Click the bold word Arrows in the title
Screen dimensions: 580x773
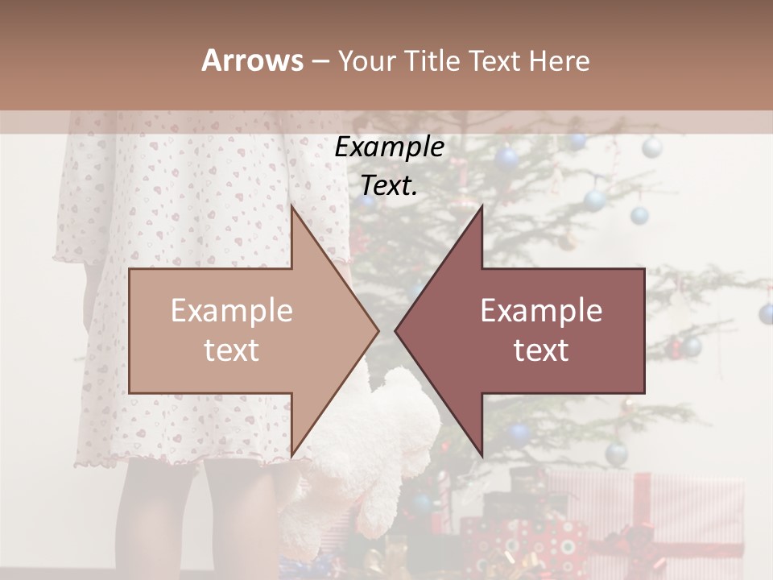[252, 60]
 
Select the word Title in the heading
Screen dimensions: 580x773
[430, 60]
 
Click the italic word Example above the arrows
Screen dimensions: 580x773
[390, 147]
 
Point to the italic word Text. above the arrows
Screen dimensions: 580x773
[390, 185]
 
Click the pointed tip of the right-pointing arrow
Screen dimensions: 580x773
[377, 330]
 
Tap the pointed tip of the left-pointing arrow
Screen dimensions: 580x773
[397, 330]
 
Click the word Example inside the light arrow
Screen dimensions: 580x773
[232, 311]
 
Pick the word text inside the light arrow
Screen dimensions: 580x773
[232, 350]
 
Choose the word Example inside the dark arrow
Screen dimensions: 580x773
[541, 311]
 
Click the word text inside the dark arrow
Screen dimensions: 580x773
[541, 350]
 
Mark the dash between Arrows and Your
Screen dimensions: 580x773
[320, 61]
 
